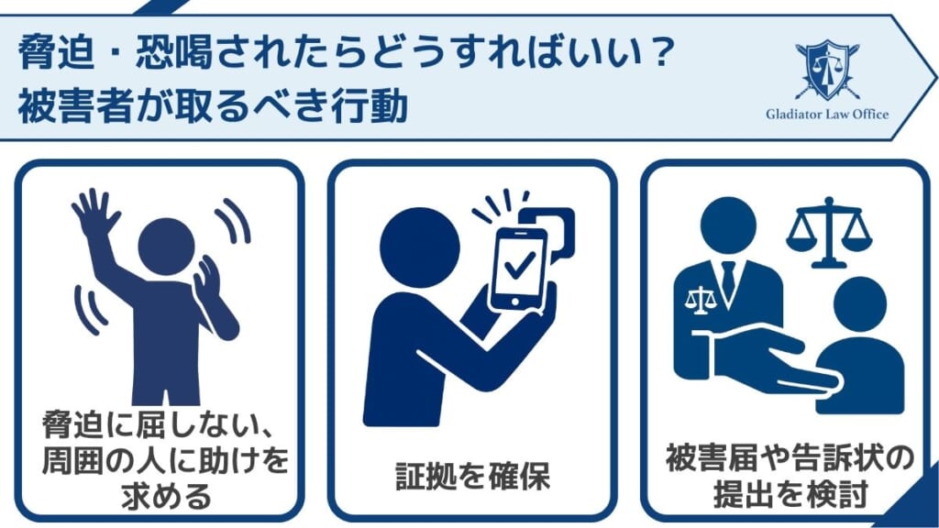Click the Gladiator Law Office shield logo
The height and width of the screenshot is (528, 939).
(827, 70)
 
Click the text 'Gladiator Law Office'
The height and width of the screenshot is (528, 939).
(827, 115)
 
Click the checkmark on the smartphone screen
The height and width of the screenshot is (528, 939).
(519, 265)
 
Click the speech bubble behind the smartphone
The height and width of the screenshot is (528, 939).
(553, 225)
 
